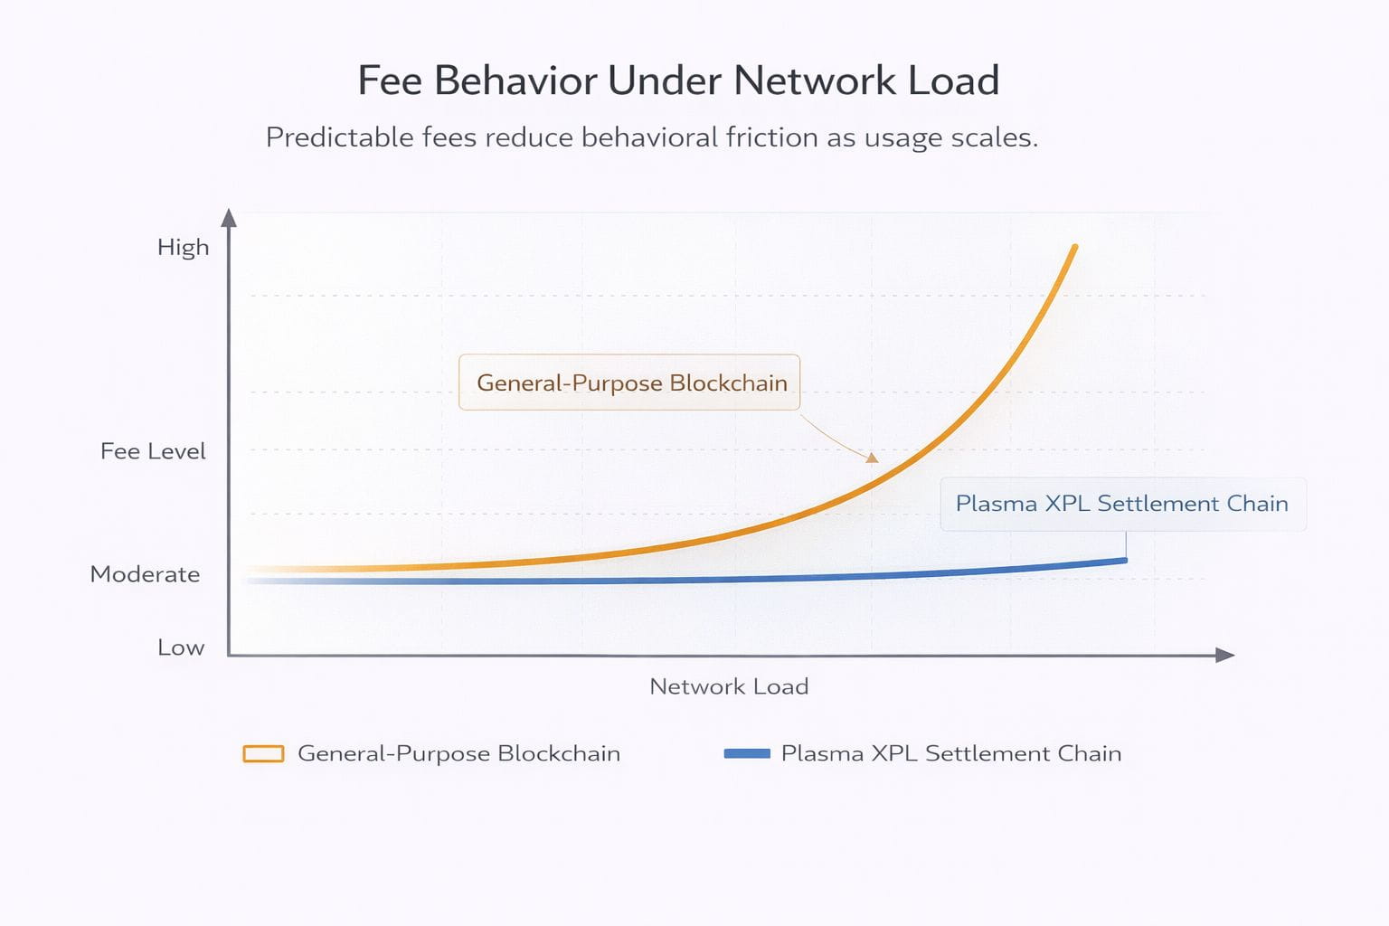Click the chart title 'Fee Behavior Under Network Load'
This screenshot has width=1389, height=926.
pyautogui.click(x=678, y=80)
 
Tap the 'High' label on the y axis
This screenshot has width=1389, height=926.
pyautogui.click(x=183, y=248)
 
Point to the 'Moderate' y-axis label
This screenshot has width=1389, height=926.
pyautogui.click(x=145, y=574)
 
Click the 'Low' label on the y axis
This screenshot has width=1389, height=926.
pyautogui.click(x=181, y=647)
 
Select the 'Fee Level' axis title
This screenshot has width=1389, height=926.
pyautogui.click(x=153, y=451)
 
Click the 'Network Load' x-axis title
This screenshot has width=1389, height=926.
pyautogui.click(x=729, y=686)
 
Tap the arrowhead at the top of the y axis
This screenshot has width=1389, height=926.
pyautogui.click(x=229, y=218)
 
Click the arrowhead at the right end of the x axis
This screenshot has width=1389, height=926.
pyautogui.click(x=1224, y=655)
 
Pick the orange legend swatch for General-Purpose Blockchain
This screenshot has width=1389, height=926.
pyautogui.click(x=263, y=753)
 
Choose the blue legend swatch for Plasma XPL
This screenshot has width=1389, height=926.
pyautogui.click(x=747, y=753)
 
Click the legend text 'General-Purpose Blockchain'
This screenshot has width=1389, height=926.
pyautogui.click(x=458, y=753)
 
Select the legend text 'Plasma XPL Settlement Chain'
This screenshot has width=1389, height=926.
pyautogui.click(x=951, y=753)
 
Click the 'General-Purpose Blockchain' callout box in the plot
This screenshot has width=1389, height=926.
pyautogui.click(x=629, y=382)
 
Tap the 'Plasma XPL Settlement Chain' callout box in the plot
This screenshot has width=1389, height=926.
pyautogui.click(x=1123, y=504)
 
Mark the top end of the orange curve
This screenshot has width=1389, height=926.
pyautogui.click(x=1075, y=248)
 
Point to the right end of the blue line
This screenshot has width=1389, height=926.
pyautogui.click(x=1125, y=561)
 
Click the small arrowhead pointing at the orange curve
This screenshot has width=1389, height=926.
pyautogui.click(x=873, y=458)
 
